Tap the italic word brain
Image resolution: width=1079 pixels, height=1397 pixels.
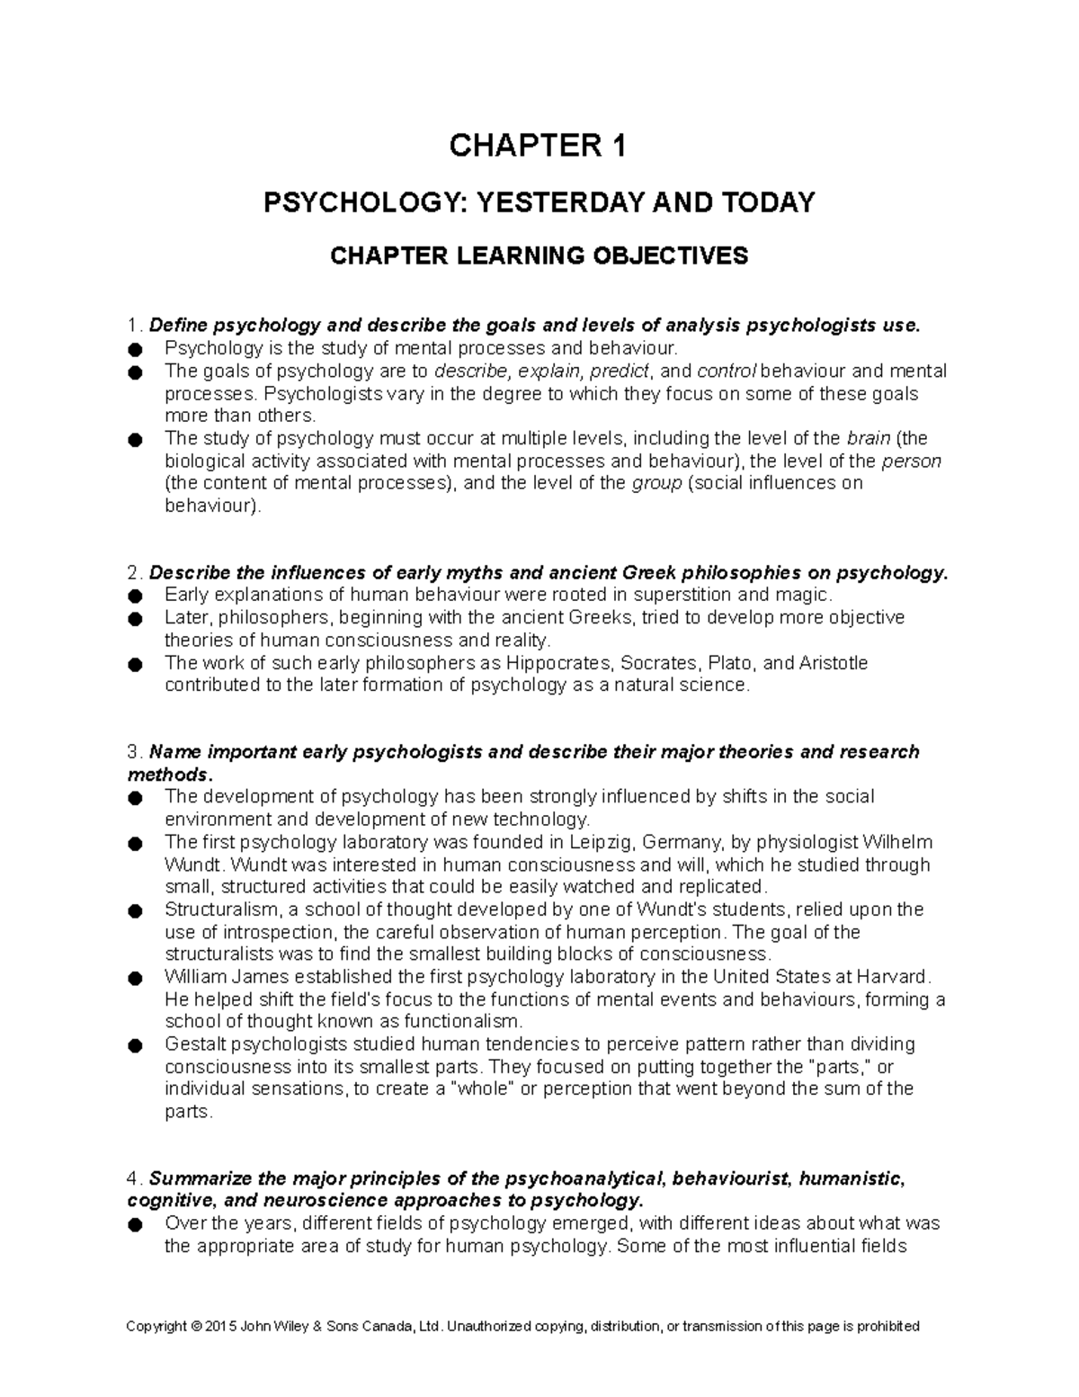pyautogui.click(x=869, y=439)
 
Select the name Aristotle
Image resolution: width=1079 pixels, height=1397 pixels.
pyautogui.click(x=834, y=663)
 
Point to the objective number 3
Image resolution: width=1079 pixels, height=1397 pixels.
pyautogui.click(x=133, y=752)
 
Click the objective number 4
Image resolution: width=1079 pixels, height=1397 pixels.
pyautogui.click(x=133, y=1178)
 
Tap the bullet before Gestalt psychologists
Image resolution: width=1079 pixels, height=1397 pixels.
pyautogui.click(x=135, y=1045)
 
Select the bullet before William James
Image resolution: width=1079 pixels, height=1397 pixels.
pyautogui.click(x=135, y=978)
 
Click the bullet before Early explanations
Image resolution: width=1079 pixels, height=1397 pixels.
pyautogui.click(x=135, y=596)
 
